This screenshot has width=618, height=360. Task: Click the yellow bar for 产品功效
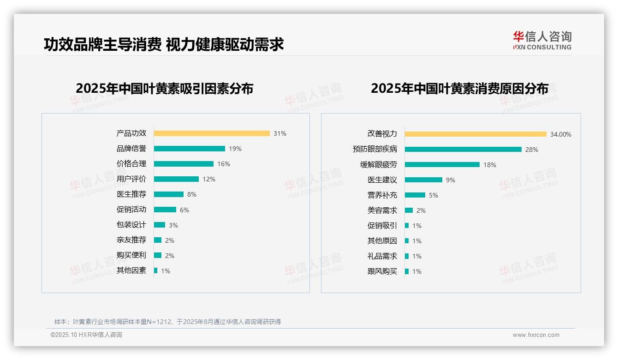pyautogui.click(x=212, y=133)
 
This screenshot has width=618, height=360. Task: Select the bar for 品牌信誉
pyautogui.click(x=190, y=149)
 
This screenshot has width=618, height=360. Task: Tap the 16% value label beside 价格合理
pyautogui.click(x=224, y=164)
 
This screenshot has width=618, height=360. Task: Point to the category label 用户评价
pyautogui.click(x=131, y=179)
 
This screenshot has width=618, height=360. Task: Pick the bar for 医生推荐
pyautogui.click(x=169, y=194)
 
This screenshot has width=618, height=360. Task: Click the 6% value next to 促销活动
pyautogui.click(x=184, y=210)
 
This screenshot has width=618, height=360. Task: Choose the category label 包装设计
pyautogui.click(x=131, y=225)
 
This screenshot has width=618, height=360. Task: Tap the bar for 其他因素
pyautogui.click(x=156, y=270)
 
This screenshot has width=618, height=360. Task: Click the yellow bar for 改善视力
pyautogui.click(x=475, y=134)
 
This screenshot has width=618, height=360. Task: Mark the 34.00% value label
pyautogui.click(x=560, y=134)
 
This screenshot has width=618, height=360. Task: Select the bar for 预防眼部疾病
pyautogui.click(x=463, y=150)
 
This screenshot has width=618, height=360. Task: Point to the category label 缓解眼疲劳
pyautogui.click(x=379, y=165)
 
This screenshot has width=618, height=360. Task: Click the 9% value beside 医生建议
pyautogui.click(x=451, y=180)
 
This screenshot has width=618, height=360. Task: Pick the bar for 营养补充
pyautogui.click(x=415, y=195)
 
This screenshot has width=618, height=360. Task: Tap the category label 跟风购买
pyautogui.click(x=382, y=271)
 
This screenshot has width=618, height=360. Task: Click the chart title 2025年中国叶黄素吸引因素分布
pyautogui.click(x=165, y=89)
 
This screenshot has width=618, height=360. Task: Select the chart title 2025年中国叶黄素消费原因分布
pyautogui.click(x=459, y=89)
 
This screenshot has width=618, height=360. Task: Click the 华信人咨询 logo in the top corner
pyautogui.click(x=542, y=41)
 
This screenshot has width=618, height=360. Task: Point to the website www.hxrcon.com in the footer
pyautogui.click(x=536, y=335)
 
